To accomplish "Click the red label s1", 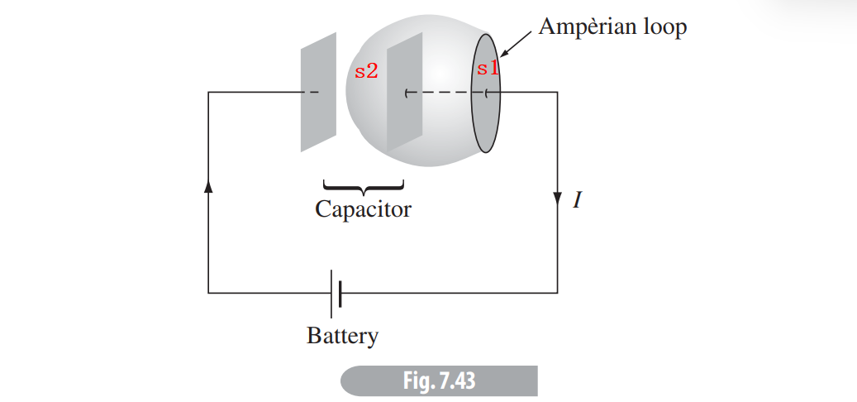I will point(488,68).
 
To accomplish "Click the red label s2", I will point(366,71).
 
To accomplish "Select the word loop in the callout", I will point(664,27).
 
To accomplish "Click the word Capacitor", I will point(363,209).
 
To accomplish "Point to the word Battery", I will point(342,337).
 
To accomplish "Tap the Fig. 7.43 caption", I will point(439,381).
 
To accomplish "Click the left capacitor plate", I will point(318,92).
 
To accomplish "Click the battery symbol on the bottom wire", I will point(336,292).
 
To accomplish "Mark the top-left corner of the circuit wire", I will point(208,93).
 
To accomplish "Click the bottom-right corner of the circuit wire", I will point(557,292).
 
